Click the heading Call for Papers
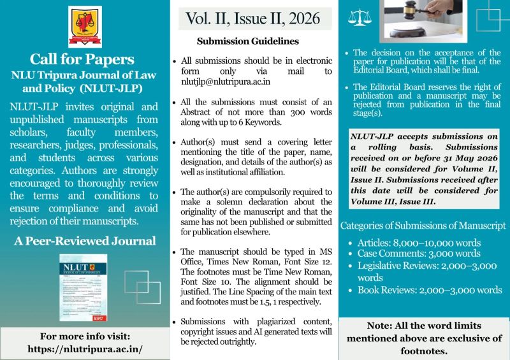click(85, 59)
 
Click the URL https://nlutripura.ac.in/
click(85, 349)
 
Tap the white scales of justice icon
click(359, 18)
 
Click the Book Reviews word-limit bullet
click(429, 290)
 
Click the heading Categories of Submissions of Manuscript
click(423, 225)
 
